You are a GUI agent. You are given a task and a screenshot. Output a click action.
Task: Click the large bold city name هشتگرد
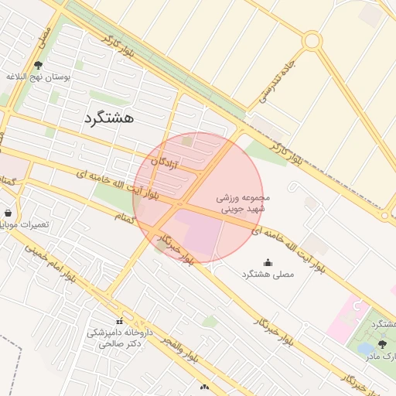(108, 118)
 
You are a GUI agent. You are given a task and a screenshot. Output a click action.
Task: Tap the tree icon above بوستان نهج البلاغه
(39, 67)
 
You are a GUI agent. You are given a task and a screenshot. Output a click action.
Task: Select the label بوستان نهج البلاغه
(39, 78)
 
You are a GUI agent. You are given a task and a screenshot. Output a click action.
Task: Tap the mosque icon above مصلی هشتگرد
(268, 263)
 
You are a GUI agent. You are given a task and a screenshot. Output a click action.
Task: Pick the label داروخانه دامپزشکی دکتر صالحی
(120, 338)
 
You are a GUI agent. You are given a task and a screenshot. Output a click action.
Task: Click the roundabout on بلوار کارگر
(312, 40)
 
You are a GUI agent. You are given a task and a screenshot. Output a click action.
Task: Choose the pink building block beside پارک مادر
(343, 317)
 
